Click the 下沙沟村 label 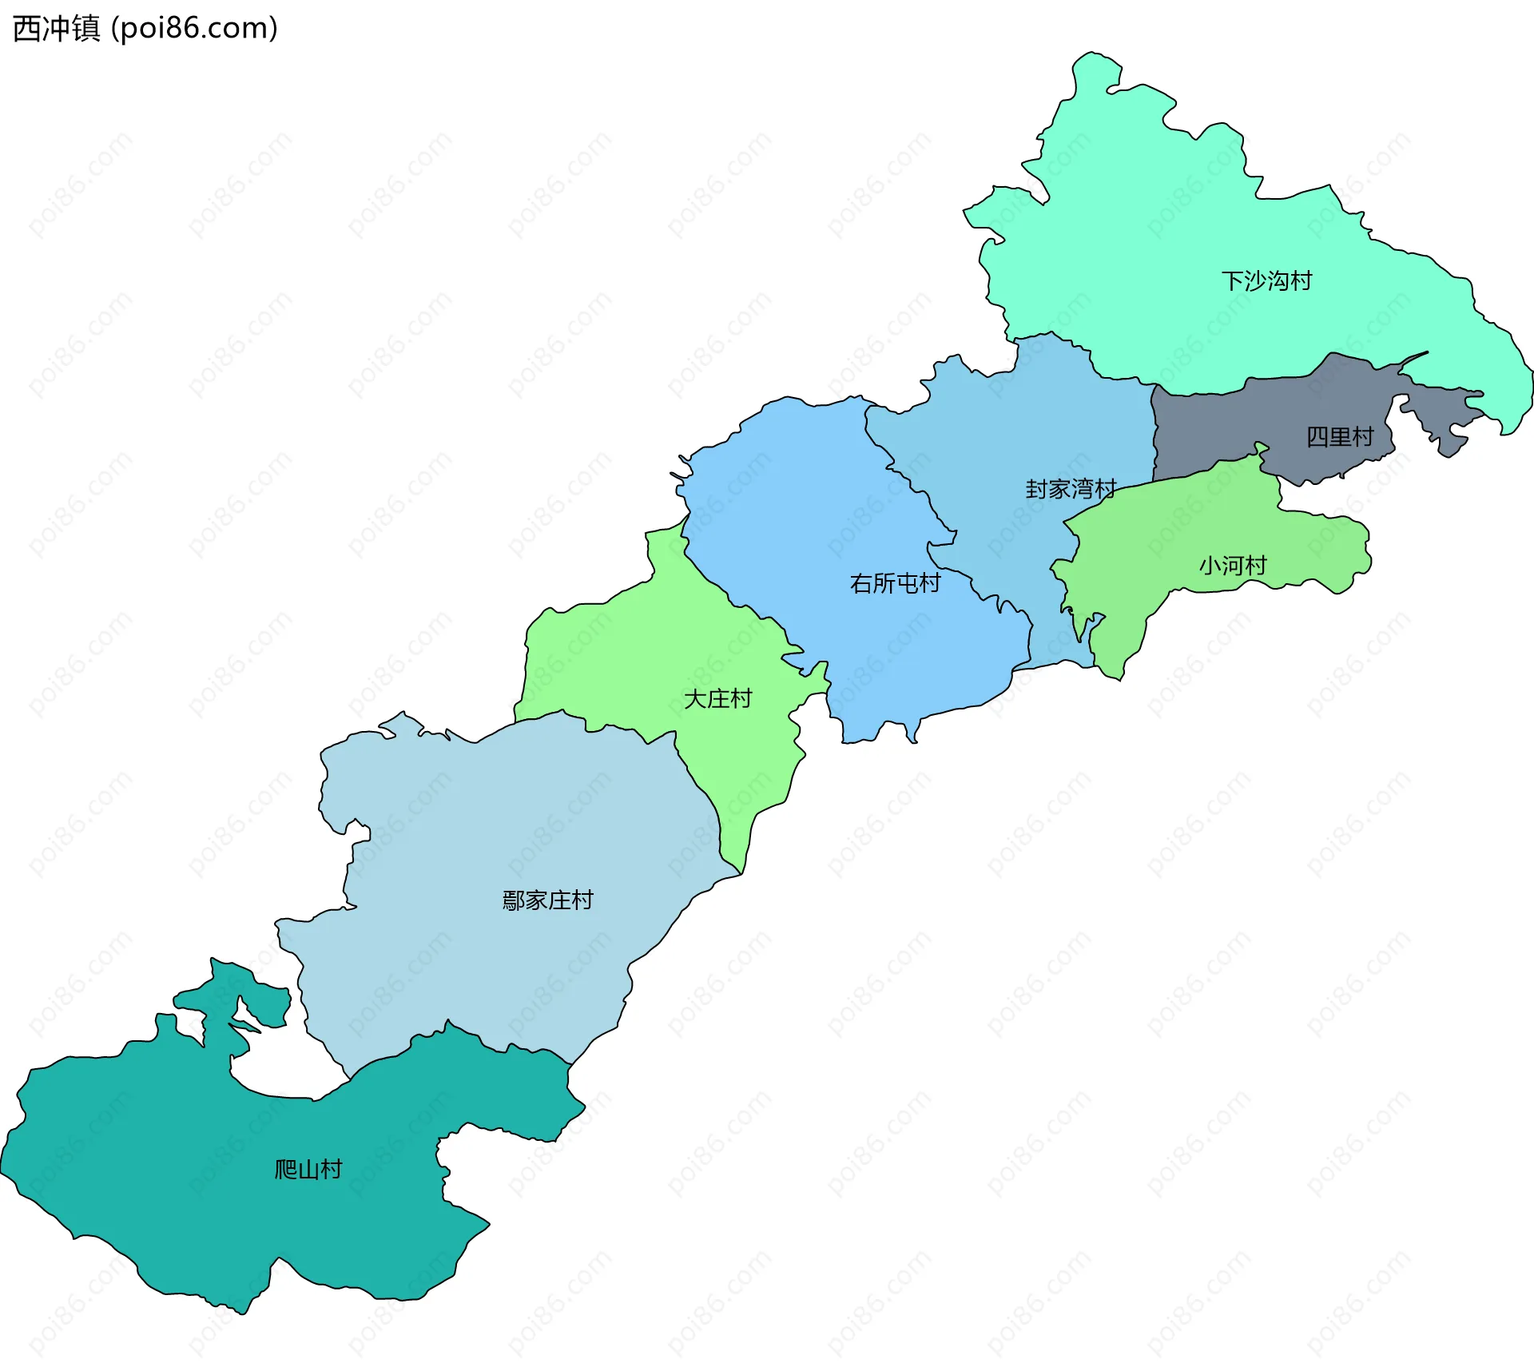[1266, 281]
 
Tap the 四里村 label [1340, 437]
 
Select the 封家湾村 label [1071, 489]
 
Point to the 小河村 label [1233, 566]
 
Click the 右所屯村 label [895, 583]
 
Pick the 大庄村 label [717, 699]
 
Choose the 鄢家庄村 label [547, 900]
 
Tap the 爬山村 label [308, 1170]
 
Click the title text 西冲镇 [57, 29]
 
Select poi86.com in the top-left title [194, 29]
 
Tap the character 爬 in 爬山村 [285, 1170]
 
